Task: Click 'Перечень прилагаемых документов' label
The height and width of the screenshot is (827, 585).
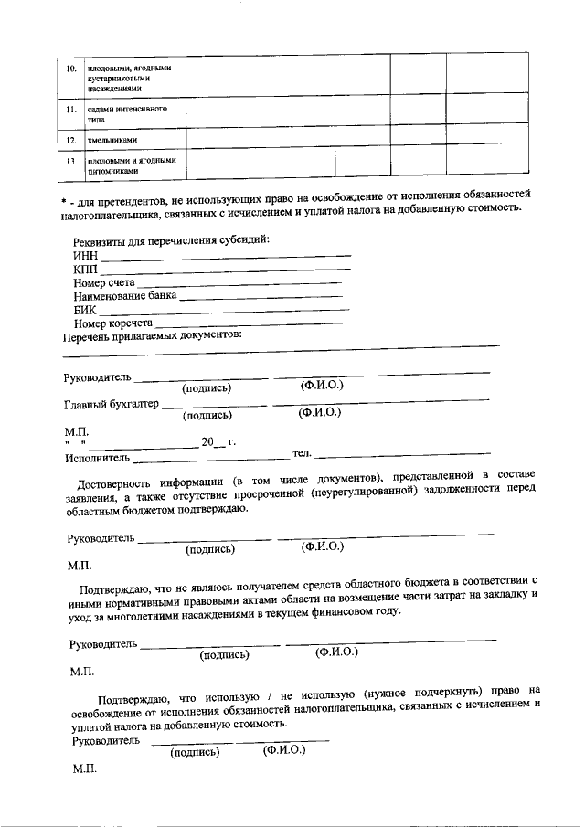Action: (x=152, y=336)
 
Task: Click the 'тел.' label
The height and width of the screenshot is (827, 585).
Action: (x=302, y=454)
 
